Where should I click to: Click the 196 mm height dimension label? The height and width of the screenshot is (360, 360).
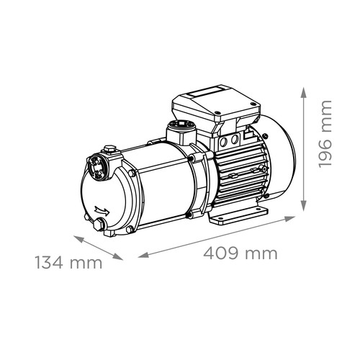pyautogui.click(x=325, y=134)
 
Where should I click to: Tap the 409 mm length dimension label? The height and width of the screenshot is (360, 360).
pyautogui.click(x=240, y=253)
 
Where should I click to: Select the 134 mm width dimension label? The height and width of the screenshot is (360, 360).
pyautogui.click(x=69, y=262)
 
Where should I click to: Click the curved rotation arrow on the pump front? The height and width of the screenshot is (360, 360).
pyautogui.click(x=102, y=210)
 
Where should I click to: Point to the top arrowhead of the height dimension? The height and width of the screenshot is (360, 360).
pyautogui.click(x=304, y=93)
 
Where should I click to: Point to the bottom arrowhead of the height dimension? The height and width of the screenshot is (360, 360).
pyautogui.click(x=304, y=206)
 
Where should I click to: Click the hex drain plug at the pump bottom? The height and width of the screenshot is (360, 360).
pyautogui.click(x=99, y=225)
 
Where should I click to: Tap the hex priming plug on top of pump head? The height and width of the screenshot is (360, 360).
pyautogui.click(x=109, y=150)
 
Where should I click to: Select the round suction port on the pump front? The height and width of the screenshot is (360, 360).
pyautogui.click(x=96, y=166)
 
